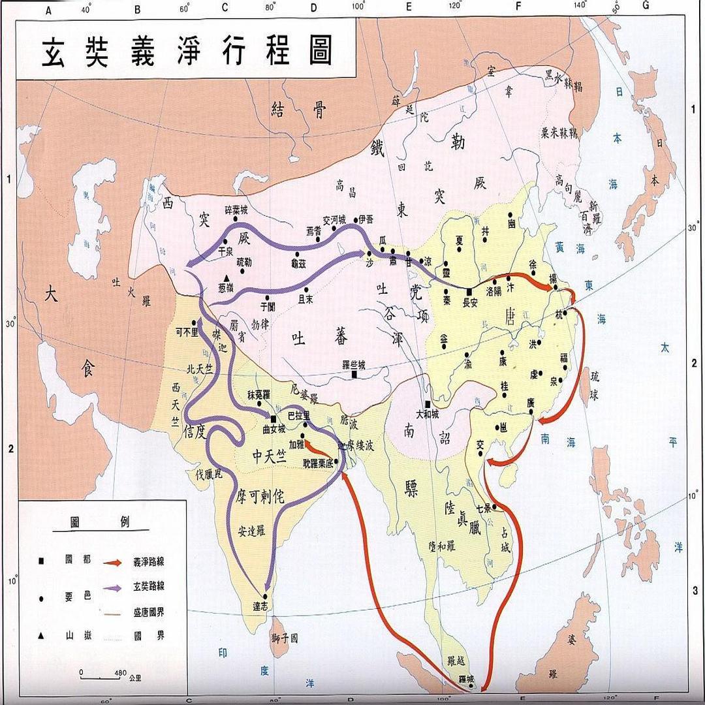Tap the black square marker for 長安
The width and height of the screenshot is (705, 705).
(469, 291)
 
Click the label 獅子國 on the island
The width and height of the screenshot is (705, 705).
(285, 638)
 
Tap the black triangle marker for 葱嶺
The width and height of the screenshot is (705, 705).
(227, 278)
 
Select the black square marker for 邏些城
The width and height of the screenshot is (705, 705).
(354, 375)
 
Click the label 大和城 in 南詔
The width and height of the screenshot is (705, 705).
(428, 414)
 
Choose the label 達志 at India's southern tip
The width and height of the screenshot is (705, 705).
(266, 606)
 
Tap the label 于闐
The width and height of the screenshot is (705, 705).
(268, 305)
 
